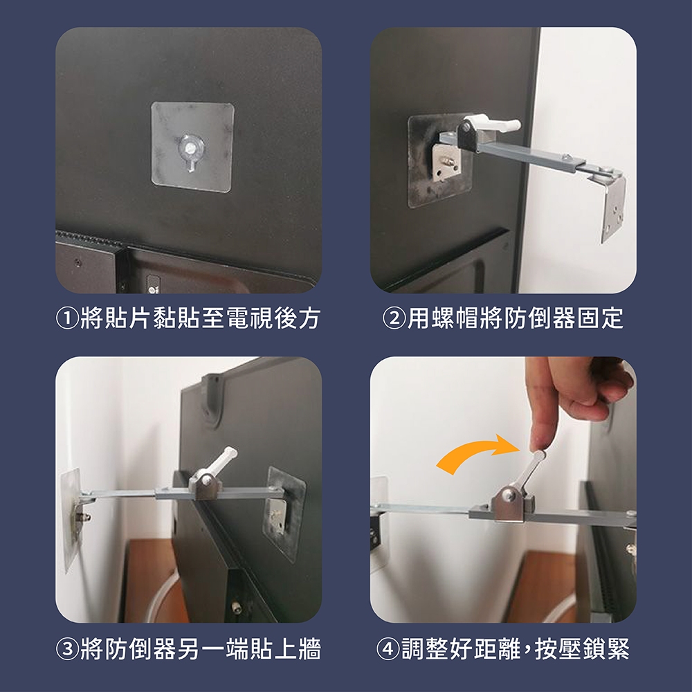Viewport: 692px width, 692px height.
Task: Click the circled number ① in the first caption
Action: [67, 318]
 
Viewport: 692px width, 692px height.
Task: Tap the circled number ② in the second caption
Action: [394, 318]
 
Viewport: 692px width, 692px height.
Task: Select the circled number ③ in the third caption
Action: [67, 649]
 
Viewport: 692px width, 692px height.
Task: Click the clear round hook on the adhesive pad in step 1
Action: [192, 152]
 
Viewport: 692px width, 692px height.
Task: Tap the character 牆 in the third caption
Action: [309, 649]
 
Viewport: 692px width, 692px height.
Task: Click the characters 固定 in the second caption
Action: [600, 318]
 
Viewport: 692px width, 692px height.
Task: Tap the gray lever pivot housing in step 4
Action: [512, 505]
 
